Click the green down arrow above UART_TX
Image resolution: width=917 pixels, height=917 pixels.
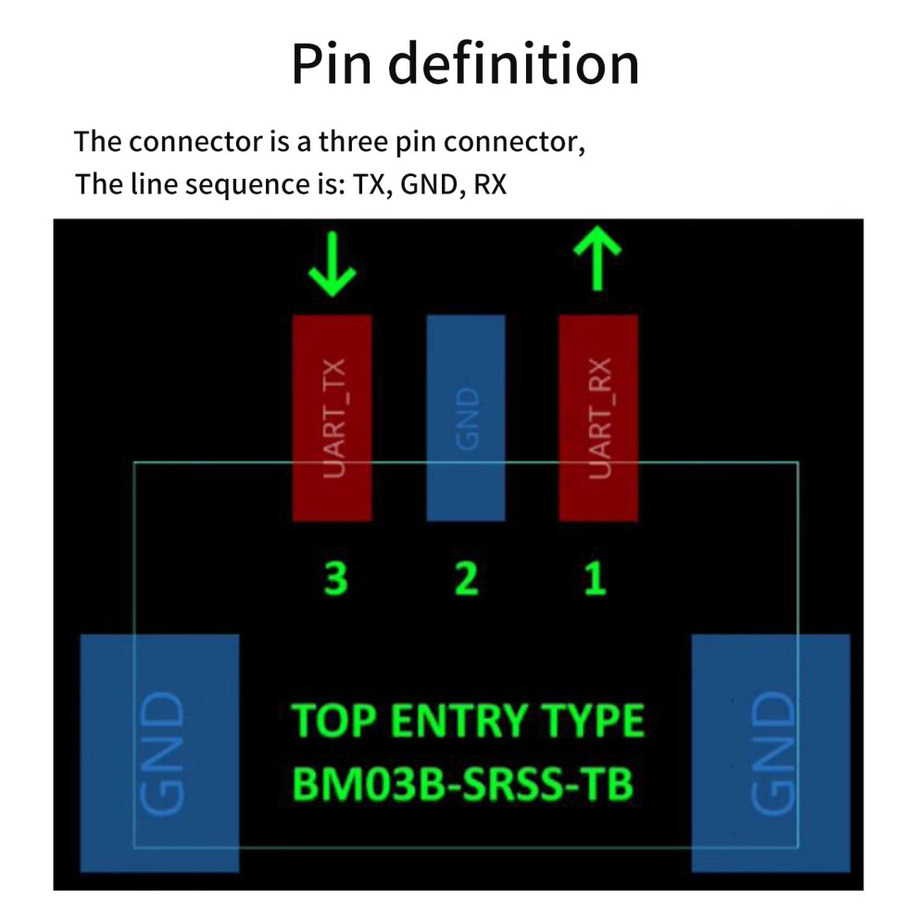[333, 264]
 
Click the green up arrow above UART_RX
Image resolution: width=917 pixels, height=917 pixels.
[597, 258]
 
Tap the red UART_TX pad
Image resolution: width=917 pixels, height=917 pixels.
[333, 418]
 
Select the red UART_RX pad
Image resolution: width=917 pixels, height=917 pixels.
[598, 418]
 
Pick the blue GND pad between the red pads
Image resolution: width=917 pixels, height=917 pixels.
[466, 418]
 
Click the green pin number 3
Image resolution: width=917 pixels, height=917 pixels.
[335, 578]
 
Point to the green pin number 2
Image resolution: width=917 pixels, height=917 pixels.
[467, 578]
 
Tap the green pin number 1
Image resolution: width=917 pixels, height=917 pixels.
[596, 578]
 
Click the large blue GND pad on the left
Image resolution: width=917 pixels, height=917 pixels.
[159, 753]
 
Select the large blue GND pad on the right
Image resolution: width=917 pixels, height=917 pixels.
[771, 753]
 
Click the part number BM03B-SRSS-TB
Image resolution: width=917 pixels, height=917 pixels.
[462, 784]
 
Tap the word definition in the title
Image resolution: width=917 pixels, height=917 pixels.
[513, 63]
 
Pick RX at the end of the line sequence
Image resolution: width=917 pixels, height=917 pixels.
[490, 184]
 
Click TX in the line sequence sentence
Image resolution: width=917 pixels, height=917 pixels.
[370, 185]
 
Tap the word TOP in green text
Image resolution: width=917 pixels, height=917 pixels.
[334, 721]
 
